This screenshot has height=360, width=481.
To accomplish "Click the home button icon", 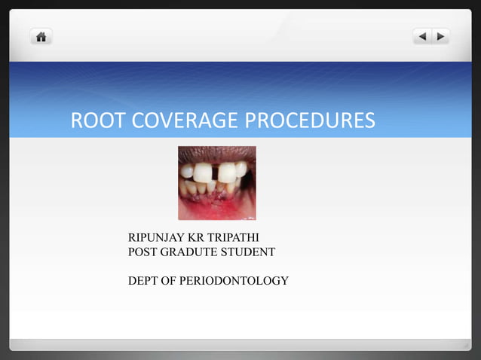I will (41, 36).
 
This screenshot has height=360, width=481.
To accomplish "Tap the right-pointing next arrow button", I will (440, 36).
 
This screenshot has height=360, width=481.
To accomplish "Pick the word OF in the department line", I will (173, 282).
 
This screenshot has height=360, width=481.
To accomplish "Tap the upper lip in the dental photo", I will (216, 154).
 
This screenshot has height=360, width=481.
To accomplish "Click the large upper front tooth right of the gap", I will (228, 172).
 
